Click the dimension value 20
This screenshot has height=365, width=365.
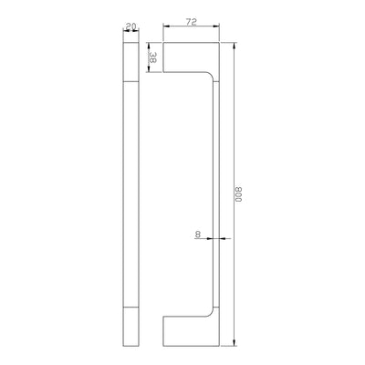coord(130,26)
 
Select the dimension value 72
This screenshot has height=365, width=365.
coord(192,22)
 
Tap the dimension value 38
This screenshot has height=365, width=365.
coord(152,57)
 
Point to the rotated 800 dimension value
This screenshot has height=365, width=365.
coord(239,194)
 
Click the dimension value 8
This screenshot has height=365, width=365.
coord(198,235)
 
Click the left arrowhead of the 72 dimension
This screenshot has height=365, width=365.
coord(166,26)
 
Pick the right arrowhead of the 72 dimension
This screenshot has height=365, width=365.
coord(216,26)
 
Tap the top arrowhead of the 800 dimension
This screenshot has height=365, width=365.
coord(235,46)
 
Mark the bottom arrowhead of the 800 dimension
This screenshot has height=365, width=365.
coord(235,342)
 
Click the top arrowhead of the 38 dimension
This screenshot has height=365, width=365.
coord(149,46)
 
